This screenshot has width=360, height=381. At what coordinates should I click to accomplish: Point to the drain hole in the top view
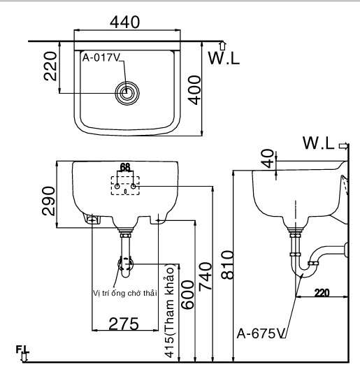click(x=128, y=92)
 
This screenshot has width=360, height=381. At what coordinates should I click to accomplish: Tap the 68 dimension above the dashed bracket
click(x=125, y=167)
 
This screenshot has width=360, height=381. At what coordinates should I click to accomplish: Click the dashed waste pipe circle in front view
click(x=126, y=265)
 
